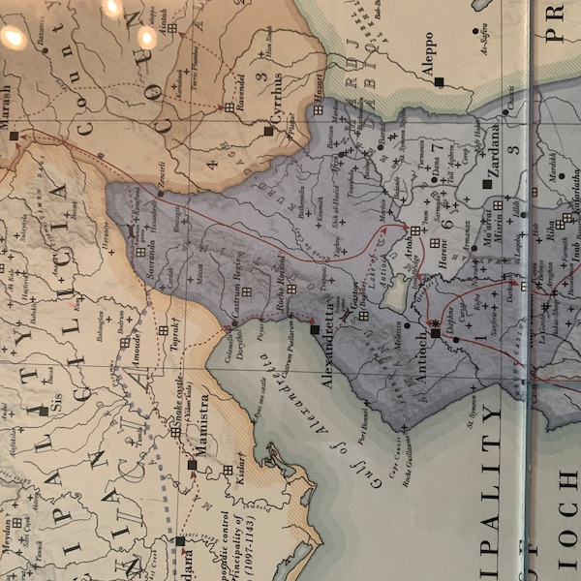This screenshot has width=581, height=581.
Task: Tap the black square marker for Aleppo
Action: (439, 82)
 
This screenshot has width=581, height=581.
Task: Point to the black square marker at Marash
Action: (15, 137)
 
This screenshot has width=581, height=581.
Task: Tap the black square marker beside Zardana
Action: (487, 183)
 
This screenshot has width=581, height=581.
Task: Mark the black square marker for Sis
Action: (43, 412)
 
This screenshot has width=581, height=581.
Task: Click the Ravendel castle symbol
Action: (229, 107)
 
